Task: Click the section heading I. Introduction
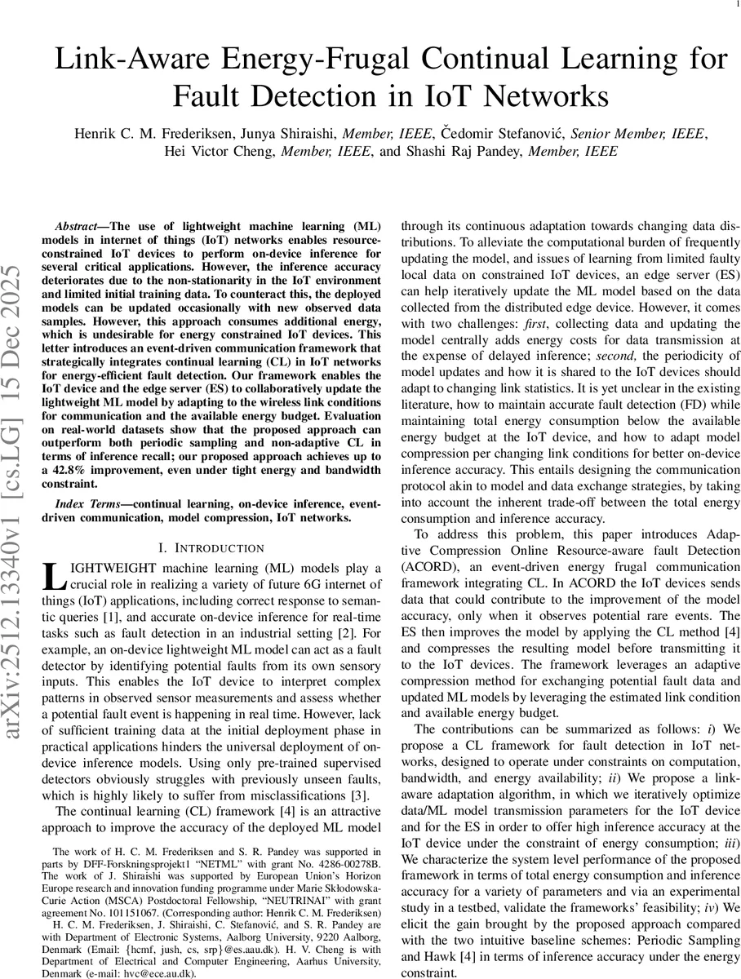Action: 211,547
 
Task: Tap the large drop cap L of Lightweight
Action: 52,574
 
